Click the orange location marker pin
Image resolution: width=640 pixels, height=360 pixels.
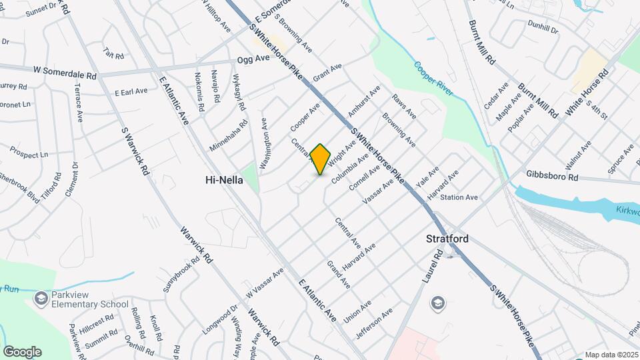coord(321,159)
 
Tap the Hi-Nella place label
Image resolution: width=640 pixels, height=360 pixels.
coord(223,180)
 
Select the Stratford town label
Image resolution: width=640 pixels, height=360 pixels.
coord(447,239)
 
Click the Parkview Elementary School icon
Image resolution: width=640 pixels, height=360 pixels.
coord(42,298)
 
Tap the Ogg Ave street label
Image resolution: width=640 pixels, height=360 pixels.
coord(253,59)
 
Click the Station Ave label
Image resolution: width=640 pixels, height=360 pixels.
coord(459,197)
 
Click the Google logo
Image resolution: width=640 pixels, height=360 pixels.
coord(22,351)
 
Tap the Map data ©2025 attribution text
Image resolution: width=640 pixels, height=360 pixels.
coord(611,355)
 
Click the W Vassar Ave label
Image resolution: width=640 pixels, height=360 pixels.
coord(265,283)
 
